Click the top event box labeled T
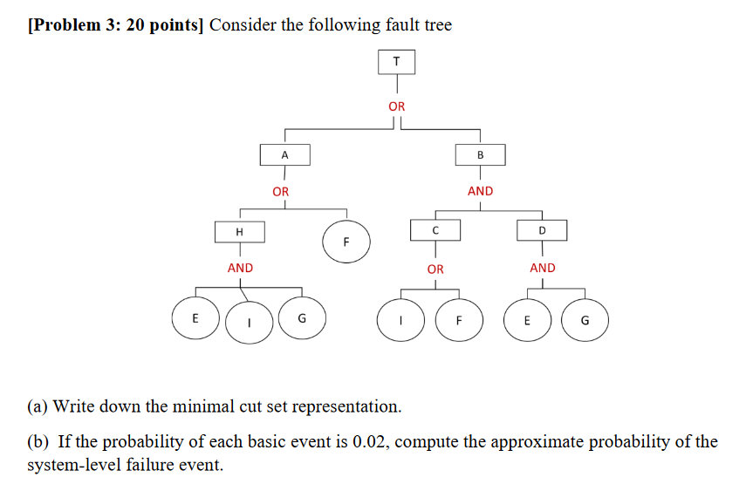point(397,62)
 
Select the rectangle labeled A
point(284,154)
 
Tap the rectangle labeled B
point(480,154)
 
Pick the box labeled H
point(240,231)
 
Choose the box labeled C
point(435,230)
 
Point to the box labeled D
point(542,230)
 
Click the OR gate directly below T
point(397,106)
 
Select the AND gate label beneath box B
point(480,191)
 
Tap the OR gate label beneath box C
point(435,269)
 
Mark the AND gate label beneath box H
point(240,269)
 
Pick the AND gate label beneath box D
point(542,269)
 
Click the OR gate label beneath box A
point(280,191)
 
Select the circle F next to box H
point(346,241)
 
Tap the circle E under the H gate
point(195,318)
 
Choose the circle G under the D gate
point(585,319)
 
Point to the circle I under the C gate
point(400,320)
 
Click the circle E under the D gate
point(527,319)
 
